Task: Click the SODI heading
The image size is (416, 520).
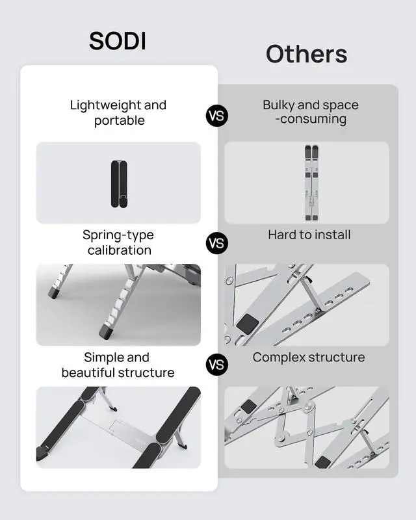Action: coord(118,40)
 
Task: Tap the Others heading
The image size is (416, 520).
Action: coord(306,54)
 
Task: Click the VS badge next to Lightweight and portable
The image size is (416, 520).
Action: coord(217,116)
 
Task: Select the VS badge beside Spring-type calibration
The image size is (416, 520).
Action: coord(217,243)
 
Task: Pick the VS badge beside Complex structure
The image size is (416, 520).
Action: coord(217,364)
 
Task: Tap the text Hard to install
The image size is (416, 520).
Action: coord(309,235)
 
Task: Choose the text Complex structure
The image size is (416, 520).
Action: coord(309,357)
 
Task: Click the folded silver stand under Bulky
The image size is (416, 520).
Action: coord(307,183)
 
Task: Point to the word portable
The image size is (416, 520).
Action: coord(119,121)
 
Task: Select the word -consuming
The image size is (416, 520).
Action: coord(311,120)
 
